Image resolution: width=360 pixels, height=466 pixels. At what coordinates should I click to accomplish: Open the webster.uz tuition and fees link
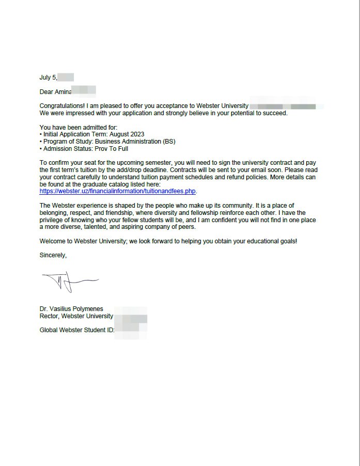click(118, 191)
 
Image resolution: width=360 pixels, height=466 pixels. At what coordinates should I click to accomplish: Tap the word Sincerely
click(53, 255)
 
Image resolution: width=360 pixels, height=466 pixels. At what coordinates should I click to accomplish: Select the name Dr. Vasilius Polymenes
click(71, 309)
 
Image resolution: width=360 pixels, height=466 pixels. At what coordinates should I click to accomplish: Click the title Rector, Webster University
click(76, 316)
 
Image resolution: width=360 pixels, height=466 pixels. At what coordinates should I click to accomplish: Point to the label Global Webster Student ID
click(76, 330)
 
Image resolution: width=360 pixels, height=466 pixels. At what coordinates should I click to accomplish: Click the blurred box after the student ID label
click(131, 330)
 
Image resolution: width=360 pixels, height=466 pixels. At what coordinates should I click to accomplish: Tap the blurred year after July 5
click(66, 77)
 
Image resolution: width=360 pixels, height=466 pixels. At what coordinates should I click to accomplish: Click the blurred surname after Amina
click(84, 92)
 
